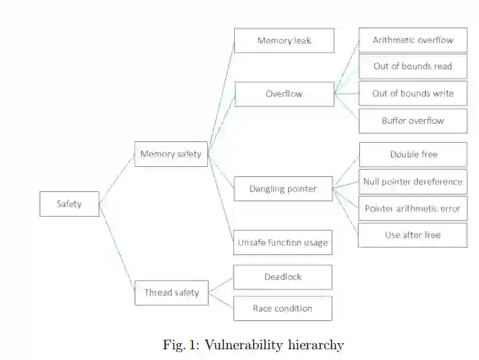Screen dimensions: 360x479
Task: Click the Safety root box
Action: click(69, 204)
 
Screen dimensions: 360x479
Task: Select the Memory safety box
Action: click(171, 154)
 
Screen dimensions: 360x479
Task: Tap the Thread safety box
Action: click(171, 293)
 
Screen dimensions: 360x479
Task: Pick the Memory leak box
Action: click(284, 40)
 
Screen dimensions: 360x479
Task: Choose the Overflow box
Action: click(284, 94)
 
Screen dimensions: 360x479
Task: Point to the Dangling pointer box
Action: click(283, 188)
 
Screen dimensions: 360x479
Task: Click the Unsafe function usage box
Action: click(283, 242)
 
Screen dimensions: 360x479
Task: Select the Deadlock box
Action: click(283, 277)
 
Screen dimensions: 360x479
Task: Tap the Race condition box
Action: click(283, 308)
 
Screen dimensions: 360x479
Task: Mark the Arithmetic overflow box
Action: click(412, 40)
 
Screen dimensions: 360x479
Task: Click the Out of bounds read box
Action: click(412, 66)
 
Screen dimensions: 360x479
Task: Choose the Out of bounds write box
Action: click(412, 94)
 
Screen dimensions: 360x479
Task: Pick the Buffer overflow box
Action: click(412, 120)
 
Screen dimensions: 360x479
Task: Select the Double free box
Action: click(412, 154)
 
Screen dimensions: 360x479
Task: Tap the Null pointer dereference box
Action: click(412, 181)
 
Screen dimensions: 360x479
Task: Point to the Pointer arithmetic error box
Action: click(412, 209)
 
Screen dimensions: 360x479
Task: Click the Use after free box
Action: click(412, 235)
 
